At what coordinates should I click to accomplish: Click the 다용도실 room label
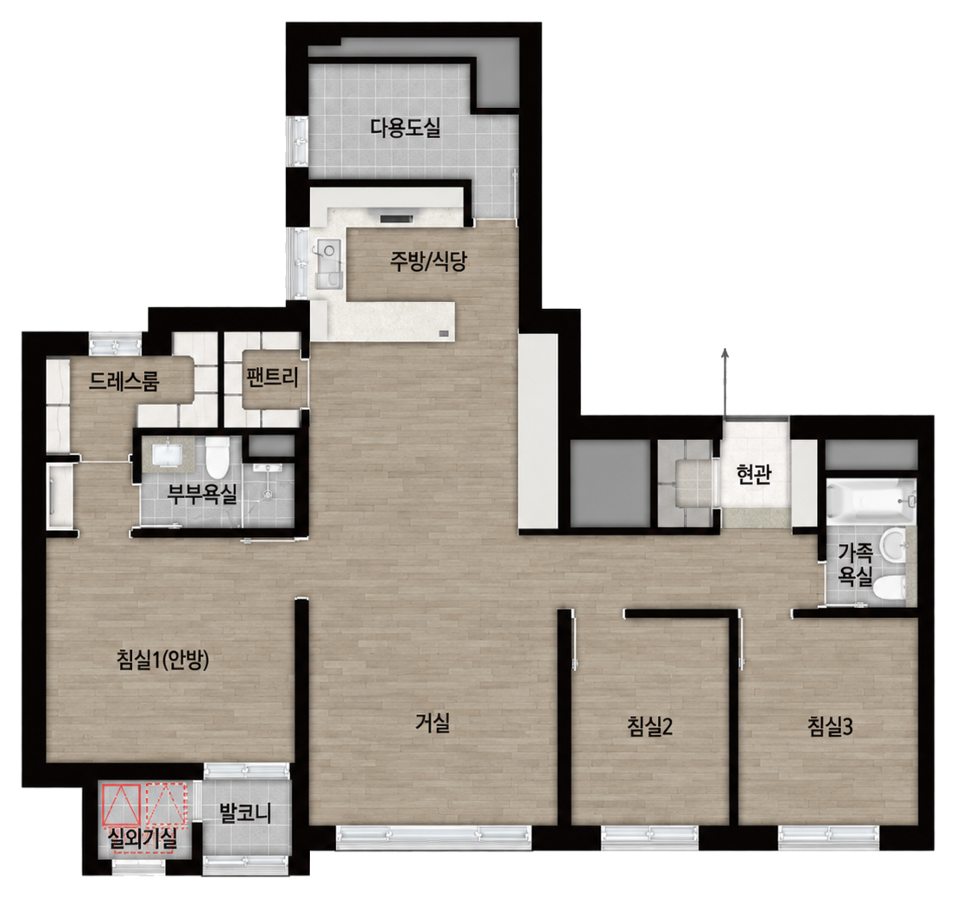(405, 128)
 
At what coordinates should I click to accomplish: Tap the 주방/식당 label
(428, 262)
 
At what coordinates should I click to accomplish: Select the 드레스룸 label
(123, 382)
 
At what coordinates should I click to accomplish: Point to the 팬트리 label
(272, 377)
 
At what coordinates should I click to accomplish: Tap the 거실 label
(433, 723)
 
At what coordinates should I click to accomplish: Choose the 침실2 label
(649, 726)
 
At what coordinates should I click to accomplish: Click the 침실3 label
(830, 726)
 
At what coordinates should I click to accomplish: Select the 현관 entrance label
(754, 474)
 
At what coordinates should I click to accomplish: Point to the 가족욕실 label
(856, 564)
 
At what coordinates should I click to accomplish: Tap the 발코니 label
(245, 813)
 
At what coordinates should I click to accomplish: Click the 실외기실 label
(142, 839)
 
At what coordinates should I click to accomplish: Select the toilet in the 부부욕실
(216, 458)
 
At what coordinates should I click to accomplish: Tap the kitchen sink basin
(329, 250)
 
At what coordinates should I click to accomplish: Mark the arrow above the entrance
(725, 383)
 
